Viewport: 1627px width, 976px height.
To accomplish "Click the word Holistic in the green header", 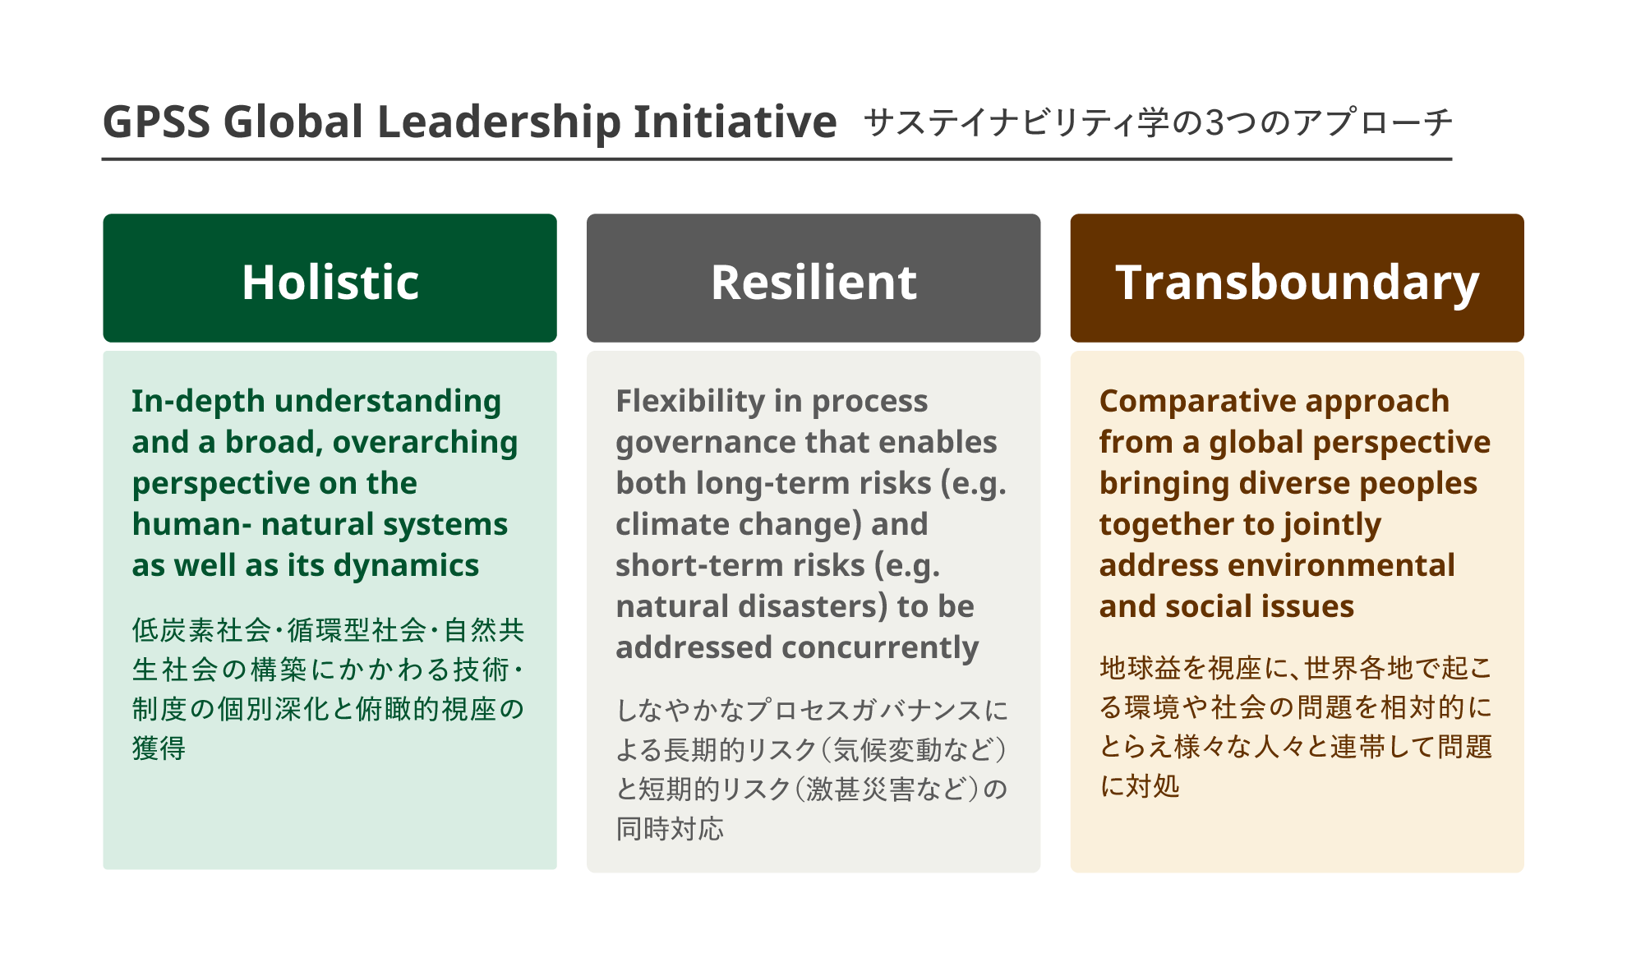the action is coord(330,282).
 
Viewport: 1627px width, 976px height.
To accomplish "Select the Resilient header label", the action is coord(813,282).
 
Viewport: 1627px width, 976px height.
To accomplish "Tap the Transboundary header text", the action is coord(1297,283).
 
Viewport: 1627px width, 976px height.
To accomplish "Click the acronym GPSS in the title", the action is coord(156,122).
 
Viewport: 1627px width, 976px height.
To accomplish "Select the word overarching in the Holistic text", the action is coord(425,443).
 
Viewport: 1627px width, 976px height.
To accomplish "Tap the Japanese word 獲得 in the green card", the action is coord(159,748).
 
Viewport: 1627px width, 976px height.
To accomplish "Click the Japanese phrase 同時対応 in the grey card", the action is coord(670,829).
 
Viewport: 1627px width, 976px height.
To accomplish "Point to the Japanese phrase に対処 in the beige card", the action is coord(1140,786).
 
